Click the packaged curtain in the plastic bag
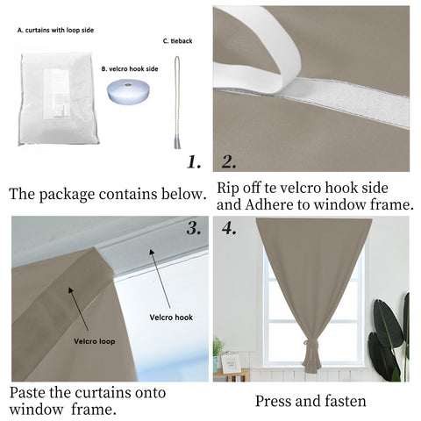58,96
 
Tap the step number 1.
195,162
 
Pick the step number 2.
229,161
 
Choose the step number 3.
194,229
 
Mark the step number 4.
230,229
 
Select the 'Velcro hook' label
171,317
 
